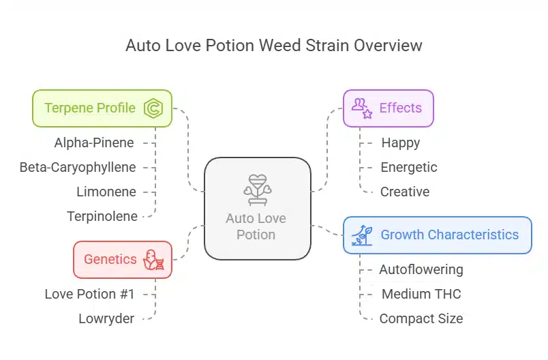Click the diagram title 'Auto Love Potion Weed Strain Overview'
(x=274, y=46)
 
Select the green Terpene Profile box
(x=102, y=108)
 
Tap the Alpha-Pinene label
(x=94, y=142)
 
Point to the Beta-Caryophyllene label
(x=78, y=167)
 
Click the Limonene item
(x=106, y=192)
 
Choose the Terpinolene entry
(x=102, y=216)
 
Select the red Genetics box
(x=123, y=259)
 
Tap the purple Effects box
(x=388, y=108)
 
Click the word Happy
(x=401, y=142)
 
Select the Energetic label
(x=409, y=167)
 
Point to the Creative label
(x=405, y=192)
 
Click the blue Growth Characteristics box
(x=437, y=235)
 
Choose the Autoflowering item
(x=421, y=269)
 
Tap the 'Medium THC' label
(x=421, y=294)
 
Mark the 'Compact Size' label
(x=421, y=318)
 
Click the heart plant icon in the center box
(x=257, y=189)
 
